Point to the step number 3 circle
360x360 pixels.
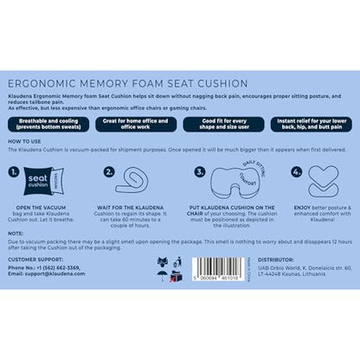[202, 172]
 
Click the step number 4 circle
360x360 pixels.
[295, 172]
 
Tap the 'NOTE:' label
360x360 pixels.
[16, 233]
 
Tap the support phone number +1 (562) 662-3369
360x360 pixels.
[72, 268]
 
